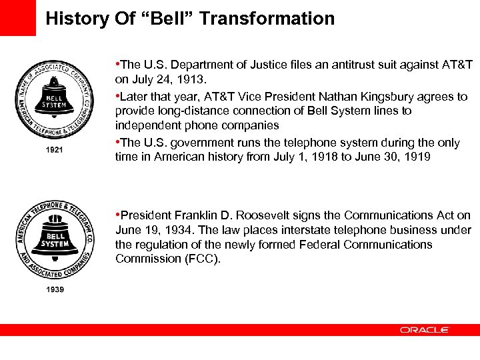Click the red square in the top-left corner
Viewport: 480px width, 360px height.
click(17, 17)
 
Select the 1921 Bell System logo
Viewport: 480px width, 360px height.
click(55, 99)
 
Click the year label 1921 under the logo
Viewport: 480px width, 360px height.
click(55, 150)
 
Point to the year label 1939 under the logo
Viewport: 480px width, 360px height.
click(55, 289)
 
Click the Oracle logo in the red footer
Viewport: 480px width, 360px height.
click(425, 330)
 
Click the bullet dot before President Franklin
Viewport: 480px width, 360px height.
click(117, 215)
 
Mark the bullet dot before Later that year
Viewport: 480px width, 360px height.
click(117, 97)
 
